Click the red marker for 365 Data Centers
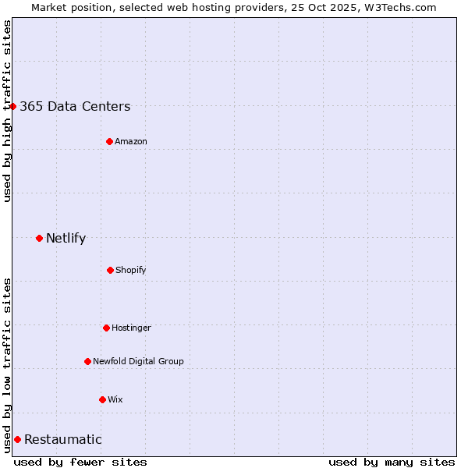pos(13,106)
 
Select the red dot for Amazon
pos(110,141)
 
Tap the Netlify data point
pos(40,238)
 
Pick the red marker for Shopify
pos(110,270)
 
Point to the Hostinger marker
pos(106,328)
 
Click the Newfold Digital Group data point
pos(87,361)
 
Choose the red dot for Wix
pos(102,399)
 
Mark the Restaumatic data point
pos(17,439)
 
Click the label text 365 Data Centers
pos(75,107)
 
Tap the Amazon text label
pos(131,141)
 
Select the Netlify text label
pos(66,239)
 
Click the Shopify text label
pos(131,270)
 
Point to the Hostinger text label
pos(131,328)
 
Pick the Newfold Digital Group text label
pos(138,361)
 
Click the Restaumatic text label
pos(63,440)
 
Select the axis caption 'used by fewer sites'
pos(80,462)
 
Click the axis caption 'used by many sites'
pos(392,462)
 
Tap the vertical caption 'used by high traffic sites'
pos(7,111)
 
